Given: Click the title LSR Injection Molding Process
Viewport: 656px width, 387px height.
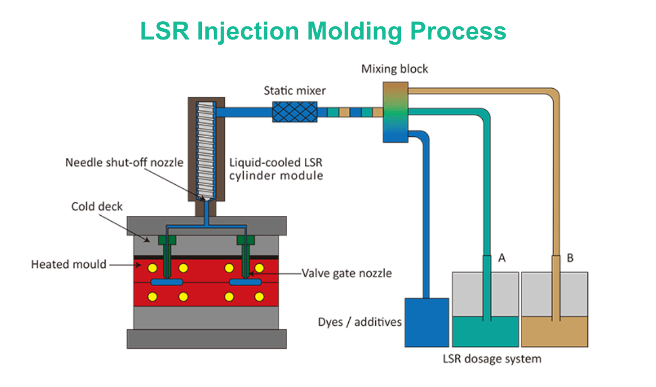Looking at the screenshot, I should tap(323, 31).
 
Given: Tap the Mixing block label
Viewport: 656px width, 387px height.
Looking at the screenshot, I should tap(395, 69).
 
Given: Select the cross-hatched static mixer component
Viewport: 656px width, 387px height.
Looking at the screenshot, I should tap(294, 112).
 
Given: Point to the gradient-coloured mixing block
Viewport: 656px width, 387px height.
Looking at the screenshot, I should tap(395, 112).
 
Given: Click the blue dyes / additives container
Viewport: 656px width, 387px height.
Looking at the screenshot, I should tap(426, 322).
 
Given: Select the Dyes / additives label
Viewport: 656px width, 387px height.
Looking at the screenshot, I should tap(360, 322).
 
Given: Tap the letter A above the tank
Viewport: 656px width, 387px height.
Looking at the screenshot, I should tap(502, 258).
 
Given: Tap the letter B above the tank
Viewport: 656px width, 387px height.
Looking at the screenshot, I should tap(570, 258).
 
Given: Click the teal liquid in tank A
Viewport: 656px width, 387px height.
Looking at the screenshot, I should tap(485, 332).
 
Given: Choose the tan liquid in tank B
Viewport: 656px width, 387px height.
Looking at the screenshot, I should tap(554, 332).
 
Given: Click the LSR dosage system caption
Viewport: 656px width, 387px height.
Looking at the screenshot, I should tap(491, 359).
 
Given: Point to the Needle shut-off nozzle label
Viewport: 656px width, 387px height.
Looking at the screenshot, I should tap(124, 162).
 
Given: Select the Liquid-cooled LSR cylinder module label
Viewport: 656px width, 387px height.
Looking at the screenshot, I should tap(276, 169).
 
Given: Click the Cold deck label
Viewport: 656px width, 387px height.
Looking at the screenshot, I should tap(97, 206).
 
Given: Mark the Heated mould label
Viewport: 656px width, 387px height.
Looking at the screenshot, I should tap(69, 264).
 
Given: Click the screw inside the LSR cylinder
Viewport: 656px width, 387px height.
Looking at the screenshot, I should tap(206, 149).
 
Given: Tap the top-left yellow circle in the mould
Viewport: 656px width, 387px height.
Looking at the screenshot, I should tap(153, 268).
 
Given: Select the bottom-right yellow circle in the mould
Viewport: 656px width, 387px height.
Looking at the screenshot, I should tap(259, 297).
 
